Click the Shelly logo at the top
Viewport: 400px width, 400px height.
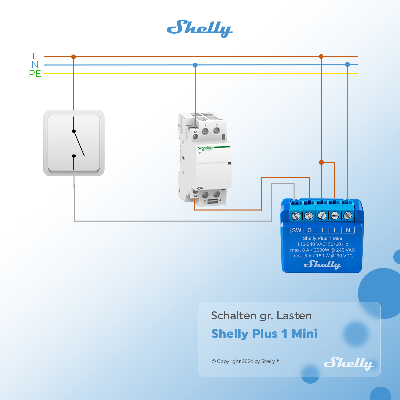(199, 28)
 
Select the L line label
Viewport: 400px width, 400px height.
(35, 56)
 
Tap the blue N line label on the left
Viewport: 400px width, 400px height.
(35, 65)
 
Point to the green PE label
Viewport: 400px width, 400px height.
(35, 74)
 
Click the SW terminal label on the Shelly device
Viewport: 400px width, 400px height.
(296, 230)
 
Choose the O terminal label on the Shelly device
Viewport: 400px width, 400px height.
(309, 230)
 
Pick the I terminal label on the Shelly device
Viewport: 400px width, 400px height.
(322, 230)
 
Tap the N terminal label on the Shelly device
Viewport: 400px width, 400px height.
(348, 230)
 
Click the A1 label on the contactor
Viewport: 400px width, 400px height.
(196, 132)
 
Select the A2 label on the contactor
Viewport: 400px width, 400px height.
(196, 196)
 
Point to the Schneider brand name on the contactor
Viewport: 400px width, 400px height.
(205, 148)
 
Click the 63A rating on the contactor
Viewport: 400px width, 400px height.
(200, 188)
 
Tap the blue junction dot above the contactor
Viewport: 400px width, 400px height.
(195, 65)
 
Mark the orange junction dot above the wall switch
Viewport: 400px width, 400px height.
(74, 57)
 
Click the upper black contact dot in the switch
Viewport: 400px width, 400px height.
(74, 131)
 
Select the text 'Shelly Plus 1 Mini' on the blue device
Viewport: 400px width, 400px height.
(322, 238)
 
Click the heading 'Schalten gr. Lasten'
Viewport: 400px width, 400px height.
(261, 316)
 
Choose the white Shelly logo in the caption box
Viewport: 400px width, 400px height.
(348, 363)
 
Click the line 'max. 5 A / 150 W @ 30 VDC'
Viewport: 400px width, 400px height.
(322, 256)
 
